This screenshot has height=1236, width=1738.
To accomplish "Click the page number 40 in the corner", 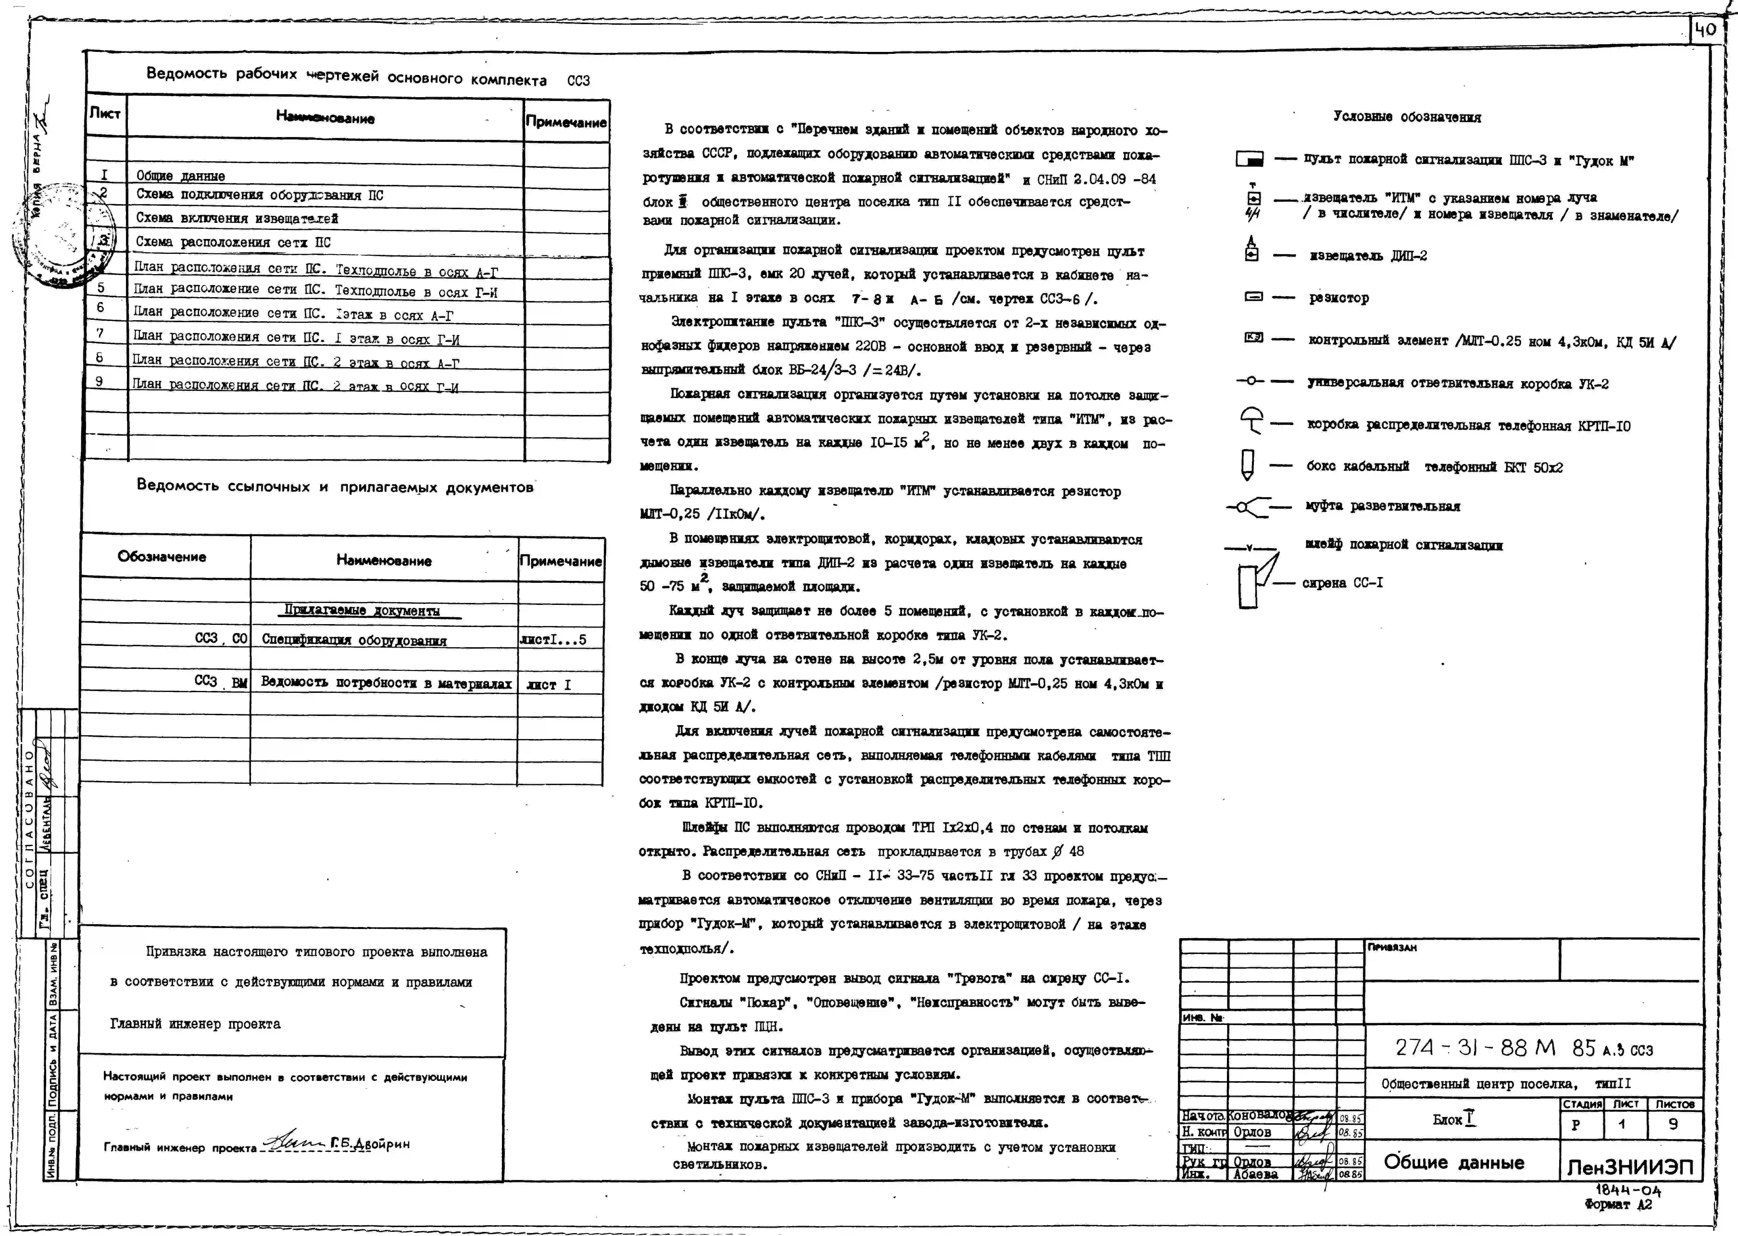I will [x=1705, y=30].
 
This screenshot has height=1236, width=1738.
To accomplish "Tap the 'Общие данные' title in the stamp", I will [x=1453, y=1162].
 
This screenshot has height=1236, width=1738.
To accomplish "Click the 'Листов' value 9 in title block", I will [x=1673, y=1124].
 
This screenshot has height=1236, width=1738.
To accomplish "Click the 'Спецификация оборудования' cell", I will [x=354, y=639].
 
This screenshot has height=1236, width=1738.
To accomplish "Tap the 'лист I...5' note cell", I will [x=553, y=639].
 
